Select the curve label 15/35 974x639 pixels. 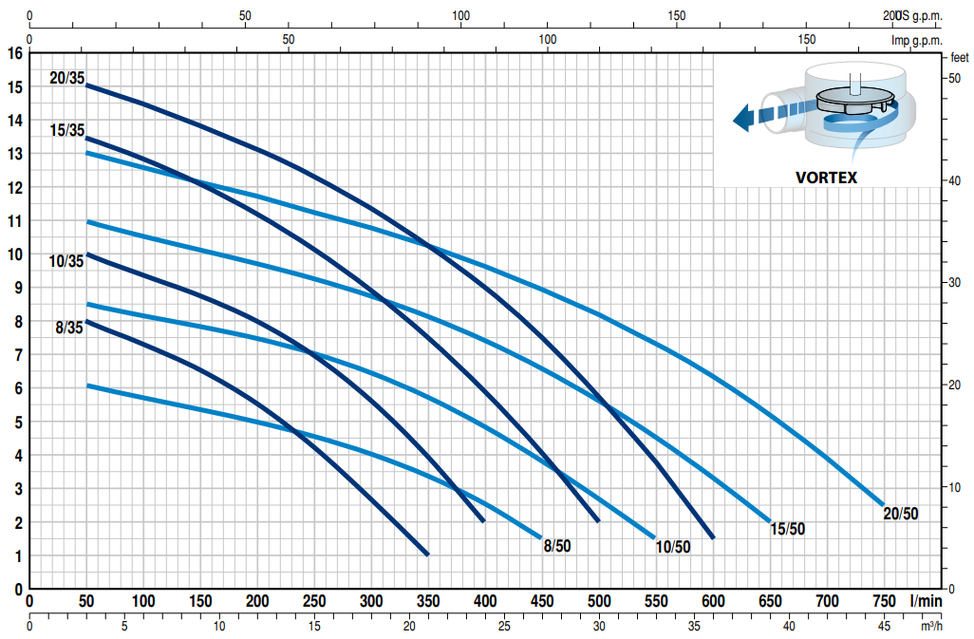pyautogui.click(x=66, y=131)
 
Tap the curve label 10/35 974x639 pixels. pyautogui.click(x=66, y=261)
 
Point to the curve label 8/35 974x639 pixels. pyautogui.click(x=69, y=329)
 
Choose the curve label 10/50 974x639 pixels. pyautogui.click(x=673, y=546)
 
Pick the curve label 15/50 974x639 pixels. pyautogui.click(x=787, y=529)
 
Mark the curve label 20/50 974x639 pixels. pyautogui.click(x=901, y=514)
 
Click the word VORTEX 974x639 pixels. pyautogui.click(x=825, y=177)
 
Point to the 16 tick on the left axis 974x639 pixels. pyautogui.click(x=14, y=53)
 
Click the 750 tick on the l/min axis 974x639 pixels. pyautogui.click(x=884, y=601)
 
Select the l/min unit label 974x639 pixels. pyautogui.click(x=925, y=601)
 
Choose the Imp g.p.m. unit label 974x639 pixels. pyautogui.click(x=916, y=40)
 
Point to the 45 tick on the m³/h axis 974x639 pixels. pyautogui.click(x=884, y=626)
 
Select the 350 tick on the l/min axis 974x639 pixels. pyautogui.click(x=428, y=601)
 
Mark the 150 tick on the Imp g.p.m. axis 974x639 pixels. pyautogui.click(x=806, y=40)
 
